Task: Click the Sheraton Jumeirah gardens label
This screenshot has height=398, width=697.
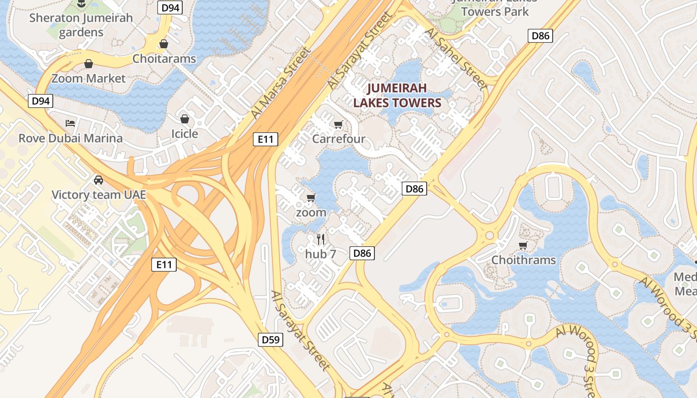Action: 81,25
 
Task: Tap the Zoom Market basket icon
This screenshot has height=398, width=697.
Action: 89,64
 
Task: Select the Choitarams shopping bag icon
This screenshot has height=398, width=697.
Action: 164,44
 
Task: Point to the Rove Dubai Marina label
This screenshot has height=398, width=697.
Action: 71,138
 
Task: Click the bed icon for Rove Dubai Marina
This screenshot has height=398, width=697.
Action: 70,123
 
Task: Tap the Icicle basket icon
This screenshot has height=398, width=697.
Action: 185,119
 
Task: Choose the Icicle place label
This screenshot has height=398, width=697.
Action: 185,134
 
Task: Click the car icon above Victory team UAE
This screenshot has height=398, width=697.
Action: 99,180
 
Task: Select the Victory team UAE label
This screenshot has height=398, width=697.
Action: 99,195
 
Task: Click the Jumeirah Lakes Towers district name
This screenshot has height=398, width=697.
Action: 397,96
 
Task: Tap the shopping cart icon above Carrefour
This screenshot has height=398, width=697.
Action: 339,124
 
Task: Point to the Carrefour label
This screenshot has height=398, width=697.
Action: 339,139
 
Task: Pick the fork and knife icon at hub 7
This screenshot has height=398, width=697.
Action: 321,239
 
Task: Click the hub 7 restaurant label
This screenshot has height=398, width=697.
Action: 321,254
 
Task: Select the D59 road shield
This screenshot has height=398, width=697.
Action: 271,340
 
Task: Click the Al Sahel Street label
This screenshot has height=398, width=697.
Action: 457,58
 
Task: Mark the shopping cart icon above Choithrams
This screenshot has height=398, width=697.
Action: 523,245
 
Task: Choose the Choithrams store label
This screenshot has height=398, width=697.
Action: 523,260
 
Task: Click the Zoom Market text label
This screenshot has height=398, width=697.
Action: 89,79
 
